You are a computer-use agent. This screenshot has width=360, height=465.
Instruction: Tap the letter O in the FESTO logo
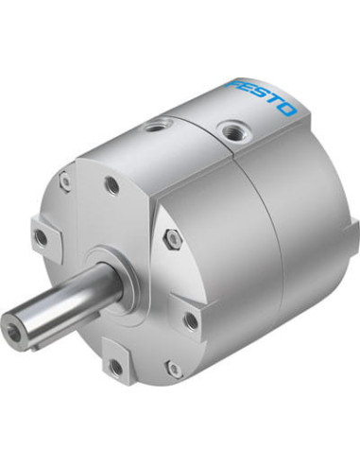(x=286, y=109)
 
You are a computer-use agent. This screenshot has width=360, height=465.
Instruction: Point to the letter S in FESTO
(x=261, y=95)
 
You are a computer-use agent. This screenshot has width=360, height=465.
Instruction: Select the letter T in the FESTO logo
(x=275, y=101)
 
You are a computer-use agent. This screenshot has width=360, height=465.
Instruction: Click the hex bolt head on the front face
(x=172, y=236)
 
